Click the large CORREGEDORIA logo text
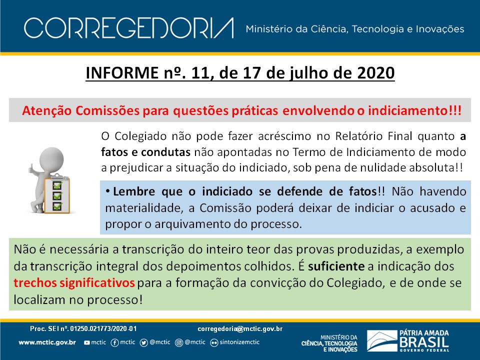[x=129, y=28]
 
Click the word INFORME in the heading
[x=122, y=73]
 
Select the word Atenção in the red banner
[x=47, y=110]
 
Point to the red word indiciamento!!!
[x=414, y=110]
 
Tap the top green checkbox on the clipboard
[x=57, y=185]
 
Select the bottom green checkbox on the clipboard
[x=57, y=206]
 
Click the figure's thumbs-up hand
[x=31, y=168]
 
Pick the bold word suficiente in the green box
[x=336, y=266]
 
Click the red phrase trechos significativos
[x=74, y=283]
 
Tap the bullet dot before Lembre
[x=108, y=191]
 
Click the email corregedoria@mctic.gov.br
[x=240, y=329]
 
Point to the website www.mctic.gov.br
[x=47, y=342]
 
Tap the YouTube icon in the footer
[x=87, y=342]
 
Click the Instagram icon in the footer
[x=179, y=342]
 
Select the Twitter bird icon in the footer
[x=143, y=342]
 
